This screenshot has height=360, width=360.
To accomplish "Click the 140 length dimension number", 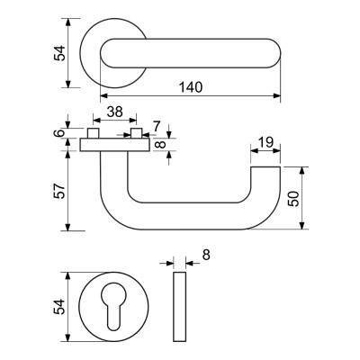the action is (x=191, y=87).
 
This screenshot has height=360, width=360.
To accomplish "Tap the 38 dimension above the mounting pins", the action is (x=115, y=112).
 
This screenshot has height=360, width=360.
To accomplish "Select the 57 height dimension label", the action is (x=59, y=191).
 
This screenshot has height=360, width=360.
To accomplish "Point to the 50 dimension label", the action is (x=293, y=198).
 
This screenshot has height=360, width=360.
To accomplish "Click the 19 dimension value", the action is (x=265, y=142).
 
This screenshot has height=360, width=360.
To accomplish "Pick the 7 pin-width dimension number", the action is (x=157, y=127).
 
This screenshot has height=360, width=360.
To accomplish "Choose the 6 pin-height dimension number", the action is (x=59, y=133).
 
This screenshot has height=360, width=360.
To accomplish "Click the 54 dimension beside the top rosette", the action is (x=59, y=53).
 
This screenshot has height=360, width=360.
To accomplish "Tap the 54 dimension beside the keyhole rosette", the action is (x=59, y=307).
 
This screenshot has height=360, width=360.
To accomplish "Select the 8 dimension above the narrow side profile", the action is (x=206, y=256).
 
